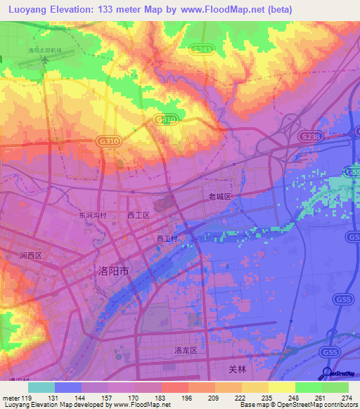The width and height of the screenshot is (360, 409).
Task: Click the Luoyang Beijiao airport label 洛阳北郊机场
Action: pos(45,51)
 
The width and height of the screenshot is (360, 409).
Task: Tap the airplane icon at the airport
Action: pos(44,60)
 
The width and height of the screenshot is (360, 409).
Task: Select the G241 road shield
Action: pos(200,49)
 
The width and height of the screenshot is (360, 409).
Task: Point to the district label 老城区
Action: pos(219,197)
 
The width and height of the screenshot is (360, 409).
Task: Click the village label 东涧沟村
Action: pos(92,215)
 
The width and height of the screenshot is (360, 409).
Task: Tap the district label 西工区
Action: pos(139,215)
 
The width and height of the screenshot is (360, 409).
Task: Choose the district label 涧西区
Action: pos(32,256)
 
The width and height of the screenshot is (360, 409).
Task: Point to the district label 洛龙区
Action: pos(184,349)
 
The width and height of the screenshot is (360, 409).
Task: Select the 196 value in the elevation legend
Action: pos(186,398)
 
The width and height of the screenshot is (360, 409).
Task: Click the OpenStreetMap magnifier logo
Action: pos(326,372)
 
